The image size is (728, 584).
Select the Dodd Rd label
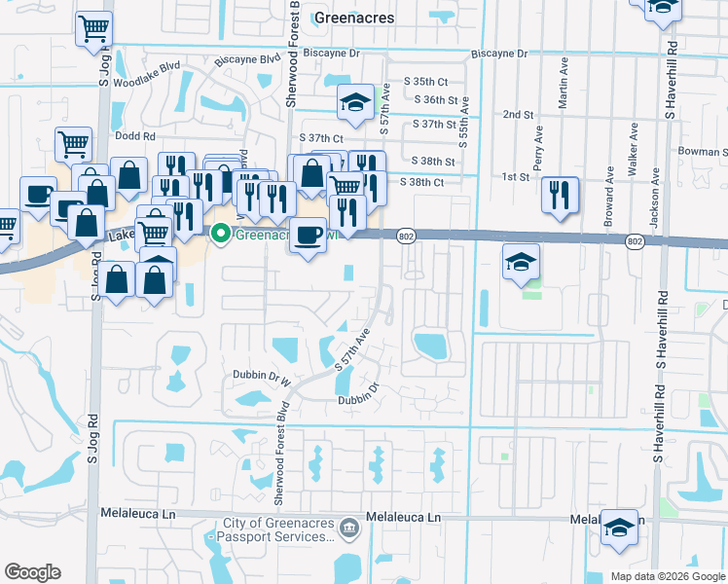coord(135,137)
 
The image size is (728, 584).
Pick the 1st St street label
coord(515,177)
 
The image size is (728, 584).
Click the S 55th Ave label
coord(462,122)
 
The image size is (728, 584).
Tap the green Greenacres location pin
coord(221,234)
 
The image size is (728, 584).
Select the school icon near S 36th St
coord(356,100)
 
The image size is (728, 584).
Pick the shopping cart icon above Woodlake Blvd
coord(93,29)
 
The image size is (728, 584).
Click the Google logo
coord(32,572)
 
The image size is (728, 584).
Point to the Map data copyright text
coord(667,576)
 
